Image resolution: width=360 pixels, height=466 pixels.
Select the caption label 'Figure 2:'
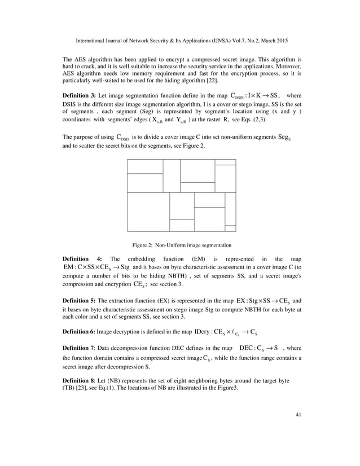tap(144, 245)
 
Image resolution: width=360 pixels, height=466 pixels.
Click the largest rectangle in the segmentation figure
tap(148, 212)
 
